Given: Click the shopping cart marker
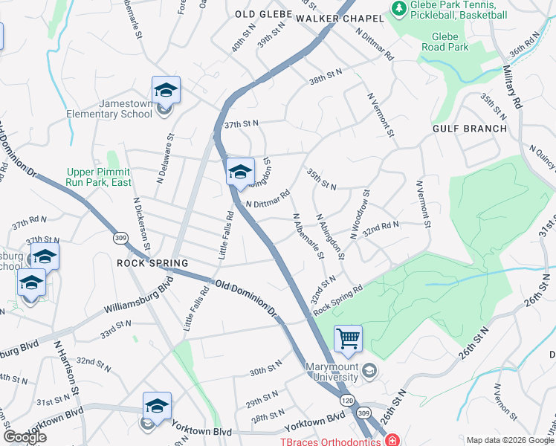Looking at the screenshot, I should click(x=348, y=339).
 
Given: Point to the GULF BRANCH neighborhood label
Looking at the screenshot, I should click(x=470, y=129).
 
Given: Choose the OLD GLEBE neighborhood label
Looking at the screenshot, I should click(x=260, y=14).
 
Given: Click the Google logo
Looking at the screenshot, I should click(x=25, y=437).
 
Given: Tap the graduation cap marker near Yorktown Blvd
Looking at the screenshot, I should click(x=157, y=406).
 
